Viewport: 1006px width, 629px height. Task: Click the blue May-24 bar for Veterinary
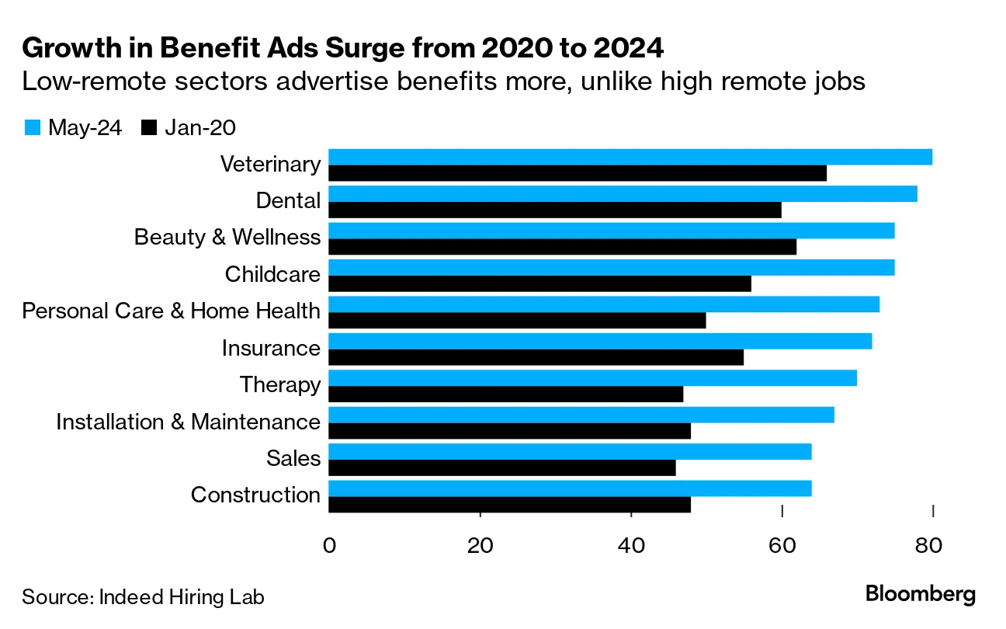pyautogui.click(x=630, y=157)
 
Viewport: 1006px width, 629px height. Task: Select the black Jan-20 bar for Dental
pyautogui.click(x=554, y=210)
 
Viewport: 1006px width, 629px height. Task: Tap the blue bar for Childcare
pyautogui.click(x=611, y=267)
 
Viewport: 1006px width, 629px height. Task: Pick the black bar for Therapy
pyautogui.click(x=505, y=394)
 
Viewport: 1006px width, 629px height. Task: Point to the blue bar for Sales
pyautogui.click(x=570, y=451)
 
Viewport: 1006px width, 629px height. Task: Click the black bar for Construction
pyautogui.click(x=509, y=505)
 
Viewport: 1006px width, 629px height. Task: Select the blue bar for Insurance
pyautogui.click(x=600, y=341)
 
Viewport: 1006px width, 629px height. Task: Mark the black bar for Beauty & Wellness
pyautogui.click(x=562, y=247)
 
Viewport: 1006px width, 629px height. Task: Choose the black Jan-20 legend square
pyautogui.click(x=149, y=128)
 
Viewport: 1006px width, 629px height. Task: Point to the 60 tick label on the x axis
pyautogui.click(x=782, y=546)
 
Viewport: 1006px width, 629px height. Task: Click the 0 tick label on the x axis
pyautogui.click(x=329, y=546)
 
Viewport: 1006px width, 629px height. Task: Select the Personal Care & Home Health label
pyautogui.click(x=171, y=311)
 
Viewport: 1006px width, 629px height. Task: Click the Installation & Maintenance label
pyautogui.click(x=188, y=422)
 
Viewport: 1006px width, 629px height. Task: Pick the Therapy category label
pyautogui.click(x=279, y=385)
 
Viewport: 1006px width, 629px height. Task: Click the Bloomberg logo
pyautogui.click(x=921, y=595)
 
